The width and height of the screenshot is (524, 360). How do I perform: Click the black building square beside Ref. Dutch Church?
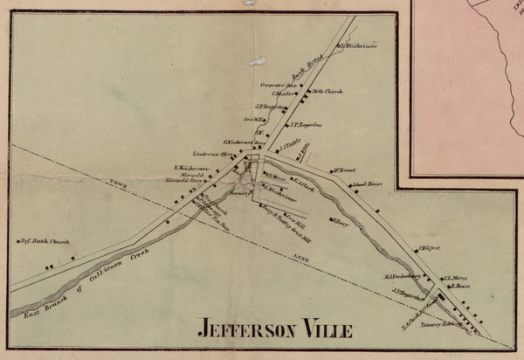(x=61, y=257)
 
